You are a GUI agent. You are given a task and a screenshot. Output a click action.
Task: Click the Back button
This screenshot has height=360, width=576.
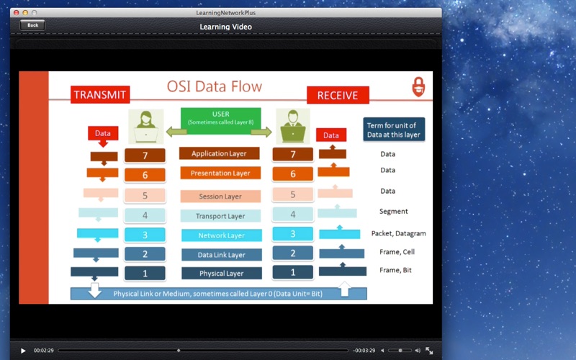32,25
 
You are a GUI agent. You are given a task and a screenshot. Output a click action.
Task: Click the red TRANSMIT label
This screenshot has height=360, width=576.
100,94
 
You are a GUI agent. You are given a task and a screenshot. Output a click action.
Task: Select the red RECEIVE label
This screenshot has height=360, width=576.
338,95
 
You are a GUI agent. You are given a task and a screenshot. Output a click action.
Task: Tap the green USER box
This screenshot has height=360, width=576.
221,121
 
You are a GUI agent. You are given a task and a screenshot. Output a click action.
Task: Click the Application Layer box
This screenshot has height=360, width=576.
220,153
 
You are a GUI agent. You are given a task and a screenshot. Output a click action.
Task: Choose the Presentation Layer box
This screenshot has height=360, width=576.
220,173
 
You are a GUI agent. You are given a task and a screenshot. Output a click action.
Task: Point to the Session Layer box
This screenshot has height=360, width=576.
220,196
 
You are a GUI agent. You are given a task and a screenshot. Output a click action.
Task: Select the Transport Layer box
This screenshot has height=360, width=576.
220,216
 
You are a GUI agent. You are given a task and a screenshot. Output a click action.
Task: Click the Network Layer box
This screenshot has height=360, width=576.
222,235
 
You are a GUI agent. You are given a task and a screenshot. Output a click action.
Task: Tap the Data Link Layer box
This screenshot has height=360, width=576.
222,255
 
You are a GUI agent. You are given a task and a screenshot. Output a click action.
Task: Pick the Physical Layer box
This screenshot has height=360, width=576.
222,273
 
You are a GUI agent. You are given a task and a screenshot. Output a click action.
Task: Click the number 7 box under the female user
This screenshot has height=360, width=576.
145,156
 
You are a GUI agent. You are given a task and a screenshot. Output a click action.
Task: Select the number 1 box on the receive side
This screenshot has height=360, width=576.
293,272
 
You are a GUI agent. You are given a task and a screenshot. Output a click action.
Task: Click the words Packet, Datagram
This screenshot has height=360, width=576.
399,233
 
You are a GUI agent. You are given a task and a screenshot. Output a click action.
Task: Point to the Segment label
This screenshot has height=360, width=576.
393,211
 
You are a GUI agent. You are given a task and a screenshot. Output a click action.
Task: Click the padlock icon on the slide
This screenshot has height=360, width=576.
418,86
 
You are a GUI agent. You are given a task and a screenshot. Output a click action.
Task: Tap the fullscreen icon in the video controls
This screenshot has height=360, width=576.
429,351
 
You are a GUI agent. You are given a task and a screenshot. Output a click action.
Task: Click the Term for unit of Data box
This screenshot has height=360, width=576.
394,130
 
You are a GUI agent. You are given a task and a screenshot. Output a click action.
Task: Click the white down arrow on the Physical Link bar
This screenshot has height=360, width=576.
95,290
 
